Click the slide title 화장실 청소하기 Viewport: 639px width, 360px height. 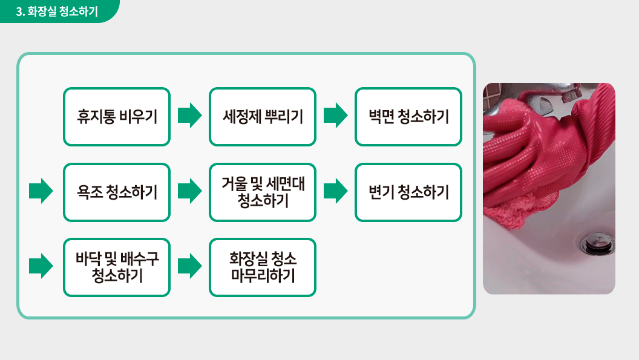point(63,11)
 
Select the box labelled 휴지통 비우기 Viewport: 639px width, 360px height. point(117,117)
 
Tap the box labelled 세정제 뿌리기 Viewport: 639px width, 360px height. point(263,117)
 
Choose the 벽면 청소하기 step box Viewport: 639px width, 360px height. point(408,117)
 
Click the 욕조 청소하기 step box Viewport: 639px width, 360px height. point(117,192)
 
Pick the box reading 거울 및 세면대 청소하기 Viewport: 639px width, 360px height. point(263,192)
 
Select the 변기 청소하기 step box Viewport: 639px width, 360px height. point(408,192)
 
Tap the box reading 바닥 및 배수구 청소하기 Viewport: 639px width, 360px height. point(117,267)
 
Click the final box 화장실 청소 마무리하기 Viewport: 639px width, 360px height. point(263,267)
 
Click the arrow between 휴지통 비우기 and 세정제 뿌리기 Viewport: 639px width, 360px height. point(190,116)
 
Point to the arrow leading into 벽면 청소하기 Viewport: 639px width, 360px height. point(336,116)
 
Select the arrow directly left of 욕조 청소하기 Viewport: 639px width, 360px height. point(41,191)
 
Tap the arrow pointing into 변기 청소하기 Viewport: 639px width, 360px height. point(336,191)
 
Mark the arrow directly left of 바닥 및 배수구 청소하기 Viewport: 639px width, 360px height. point(41,266)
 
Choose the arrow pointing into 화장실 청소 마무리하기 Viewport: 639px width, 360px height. point(190,266)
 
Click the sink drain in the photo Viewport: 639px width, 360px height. point(597,243)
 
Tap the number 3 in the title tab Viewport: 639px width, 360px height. point(19,11)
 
